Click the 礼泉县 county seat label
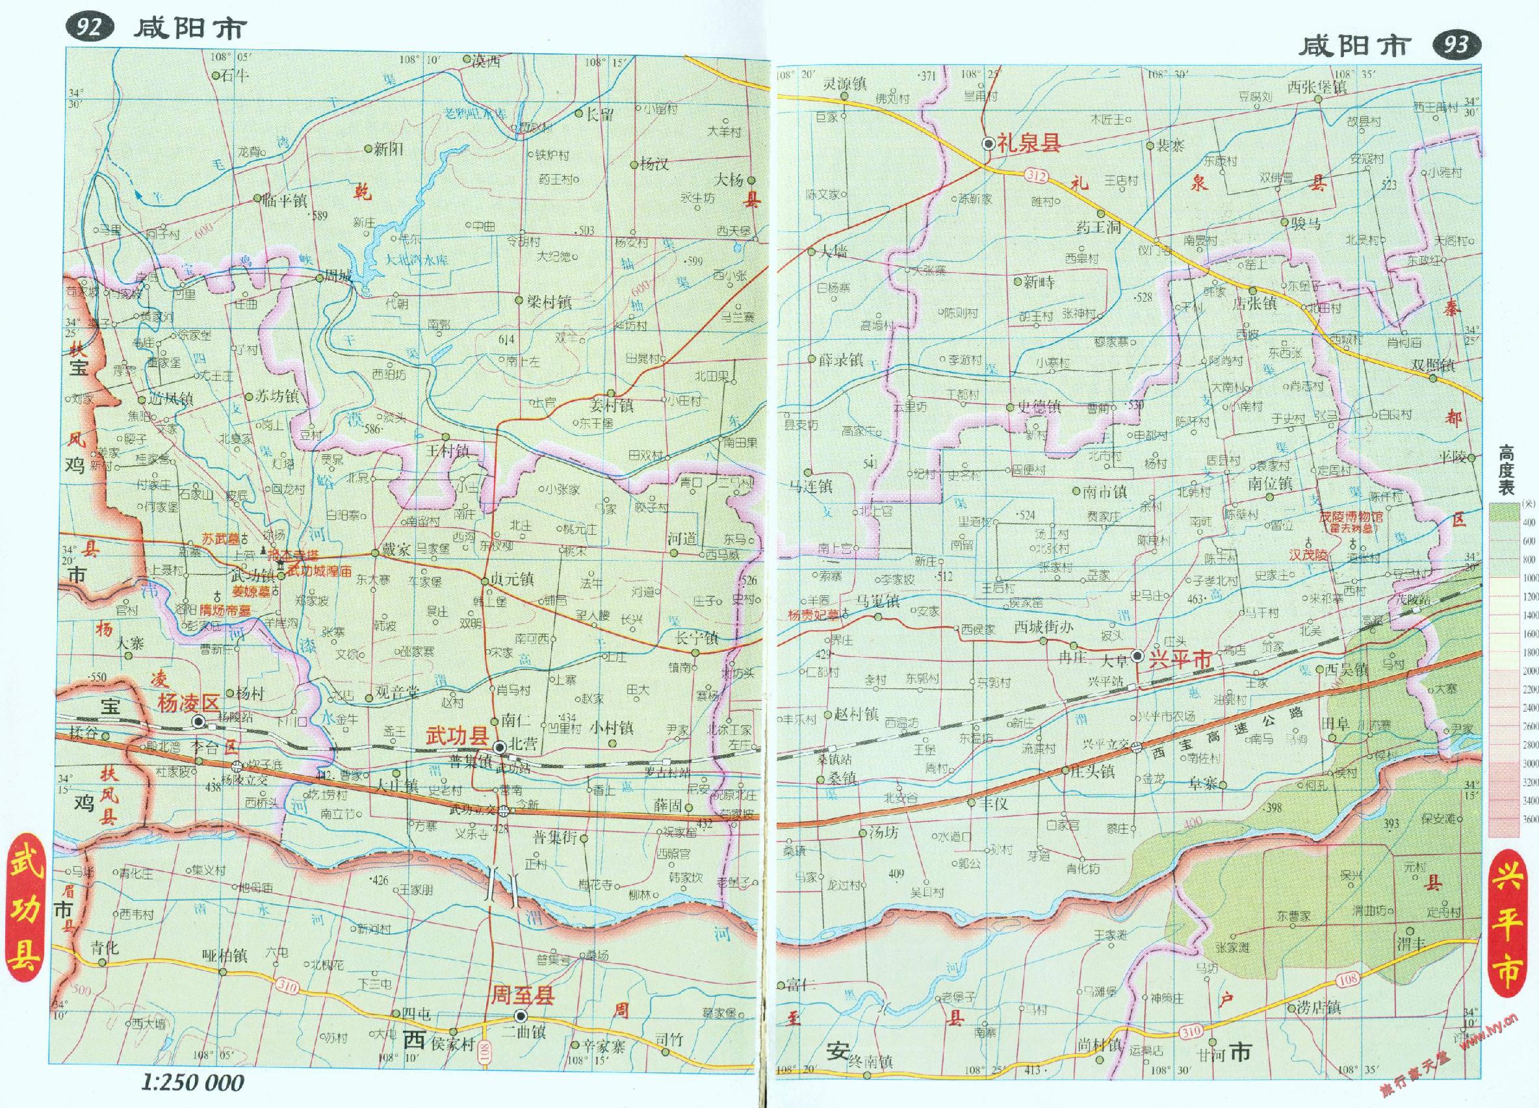[1029, 143]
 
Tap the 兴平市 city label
[1180, 659]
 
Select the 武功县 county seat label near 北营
[458, 736]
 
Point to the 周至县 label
[523, 996]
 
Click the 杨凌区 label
[188, 703]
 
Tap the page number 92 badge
[90, 28]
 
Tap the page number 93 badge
[1456, 45]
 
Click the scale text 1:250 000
[193, 1083]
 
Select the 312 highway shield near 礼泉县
[1036, 176]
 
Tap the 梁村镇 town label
[549, 302]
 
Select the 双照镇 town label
[1433, 365]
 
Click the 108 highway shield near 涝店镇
[1348, 979]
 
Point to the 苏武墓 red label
[221, 539]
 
